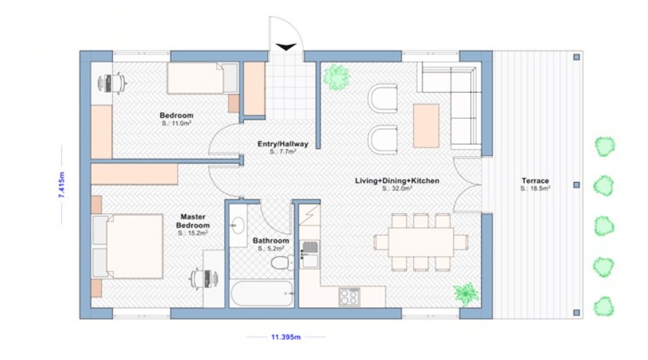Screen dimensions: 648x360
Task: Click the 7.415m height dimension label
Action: [x=62, y=185]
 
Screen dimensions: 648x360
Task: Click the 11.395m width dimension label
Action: [x=286, y=337]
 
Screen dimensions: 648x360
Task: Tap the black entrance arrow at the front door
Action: [x=286, y=47]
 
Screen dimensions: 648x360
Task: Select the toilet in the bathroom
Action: [x=283, y=263]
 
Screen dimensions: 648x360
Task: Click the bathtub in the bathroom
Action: [x=262, y=294]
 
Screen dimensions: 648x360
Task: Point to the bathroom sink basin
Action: [x=237, y=225]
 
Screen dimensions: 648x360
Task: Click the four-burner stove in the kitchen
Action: [x=349, y=297]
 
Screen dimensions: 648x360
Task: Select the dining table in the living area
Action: [x=420, y=242]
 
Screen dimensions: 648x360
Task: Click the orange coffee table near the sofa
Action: [x=426, y=126]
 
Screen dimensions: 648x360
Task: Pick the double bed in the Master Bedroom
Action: [x=127, y=246]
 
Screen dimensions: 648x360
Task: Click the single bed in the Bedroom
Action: [x=202, y=78]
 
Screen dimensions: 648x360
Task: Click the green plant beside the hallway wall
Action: [x=336, y=77]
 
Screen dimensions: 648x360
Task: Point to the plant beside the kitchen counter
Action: [x=466, y=294]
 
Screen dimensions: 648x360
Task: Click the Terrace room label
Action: [x=535, y=181]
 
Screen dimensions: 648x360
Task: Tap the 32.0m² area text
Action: [x=397, y=189]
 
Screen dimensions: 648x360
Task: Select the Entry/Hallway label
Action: [x=283, y=144]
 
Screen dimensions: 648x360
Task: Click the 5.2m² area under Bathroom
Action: [x=271, y=249]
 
